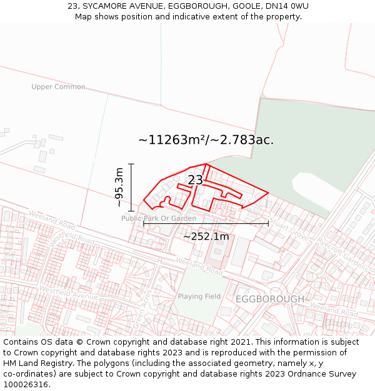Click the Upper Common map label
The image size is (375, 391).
58,87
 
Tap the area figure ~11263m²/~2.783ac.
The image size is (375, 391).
206,140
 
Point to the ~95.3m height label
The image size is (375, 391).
119,187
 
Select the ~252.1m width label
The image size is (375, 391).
206,236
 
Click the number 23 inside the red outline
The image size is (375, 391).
195,180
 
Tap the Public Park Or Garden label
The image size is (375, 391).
158,218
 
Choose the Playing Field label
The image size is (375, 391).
199,296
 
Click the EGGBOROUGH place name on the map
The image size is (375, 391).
270,299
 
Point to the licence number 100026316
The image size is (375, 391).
26,384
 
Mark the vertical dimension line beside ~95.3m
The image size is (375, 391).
131,187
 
